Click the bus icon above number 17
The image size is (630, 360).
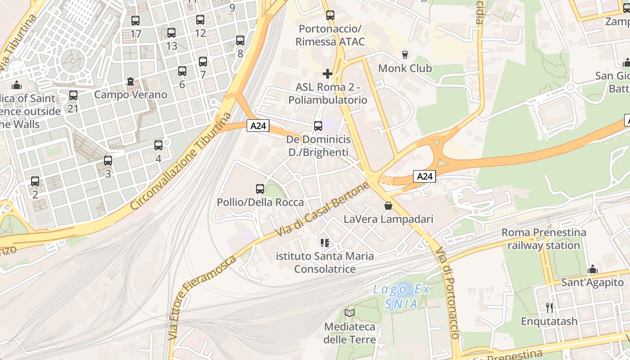coord(135,21)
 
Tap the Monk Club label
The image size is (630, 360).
coord(405,68)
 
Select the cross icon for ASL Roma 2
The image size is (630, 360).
coord(328,74)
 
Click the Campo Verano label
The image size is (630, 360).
coord(130,94)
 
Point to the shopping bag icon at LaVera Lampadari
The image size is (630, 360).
coord(388,206)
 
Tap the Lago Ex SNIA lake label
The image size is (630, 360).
coord(401,297)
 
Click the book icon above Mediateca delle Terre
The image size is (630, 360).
coord(350,313)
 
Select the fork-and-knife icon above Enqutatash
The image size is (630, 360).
coord(549,308)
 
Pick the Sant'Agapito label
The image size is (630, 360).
coord(592,283)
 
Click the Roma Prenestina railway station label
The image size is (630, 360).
coord(544,239)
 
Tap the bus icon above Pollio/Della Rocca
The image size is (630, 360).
coord(260,189)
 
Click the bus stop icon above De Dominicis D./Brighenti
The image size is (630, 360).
coord(318,126)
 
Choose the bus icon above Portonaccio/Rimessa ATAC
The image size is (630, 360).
coord(330,15)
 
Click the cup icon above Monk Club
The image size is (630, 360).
coord(405,55)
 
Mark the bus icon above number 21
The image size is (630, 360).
coord(73,95)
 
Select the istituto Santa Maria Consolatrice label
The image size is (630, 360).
coord(324,262)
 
